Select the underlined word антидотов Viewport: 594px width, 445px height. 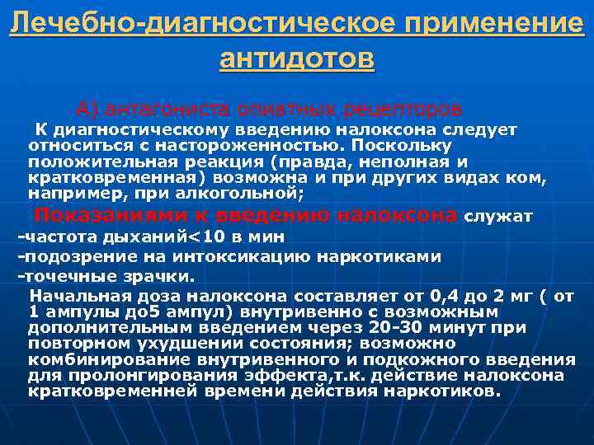[297, 59]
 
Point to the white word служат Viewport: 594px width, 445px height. [498, 217]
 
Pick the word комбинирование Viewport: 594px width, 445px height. [99, 359]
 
